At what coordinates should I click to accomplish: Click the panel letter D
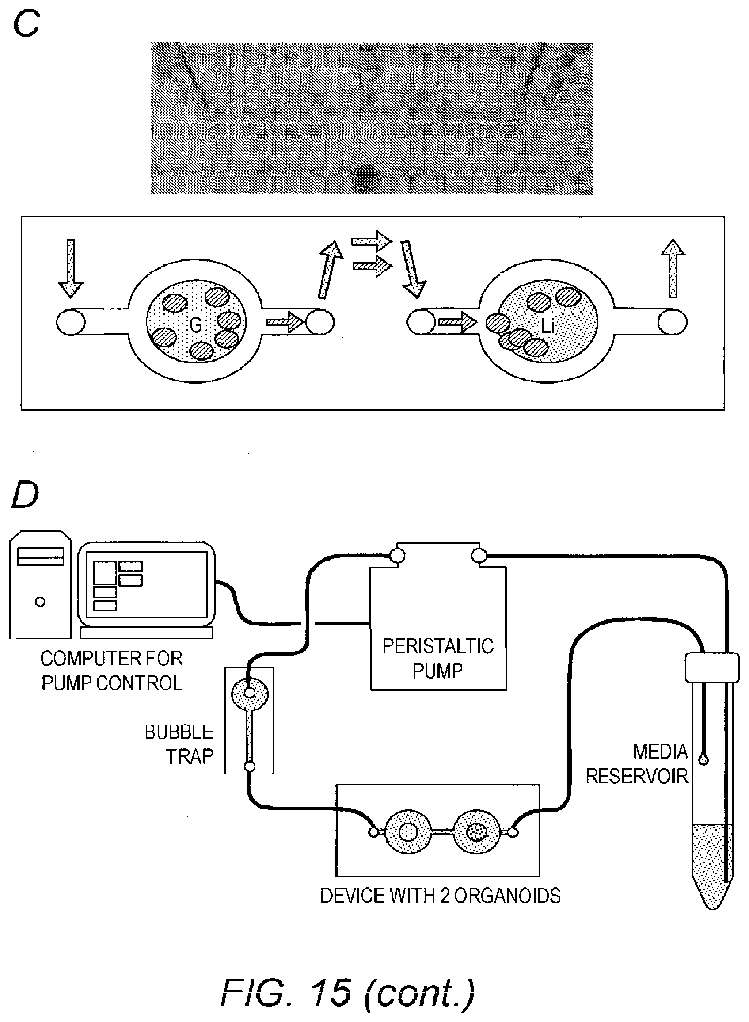tap(25, 496)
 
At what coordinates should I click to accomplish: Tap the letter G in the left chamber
tap(195, 324)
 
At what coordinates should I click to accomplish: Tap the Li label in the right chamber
tap(547, 325)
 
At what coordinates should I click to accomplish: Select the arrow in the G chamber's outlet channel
tap(285, 322)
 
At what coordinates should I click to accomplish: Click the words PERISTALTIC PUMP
tap(437, 658)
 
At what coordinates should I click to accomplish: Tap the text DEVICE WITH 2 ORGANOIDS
tap(440, 896)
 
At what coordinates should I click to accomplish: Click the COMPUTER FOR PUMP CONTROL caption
tap(111, 671)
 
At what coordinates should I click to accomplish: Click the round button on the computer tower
tap(40, 602)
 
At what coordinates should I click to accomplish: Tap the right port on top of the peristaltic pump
tap(479, 555)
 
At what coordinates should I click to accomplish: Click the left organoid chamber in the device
tap(407, 832)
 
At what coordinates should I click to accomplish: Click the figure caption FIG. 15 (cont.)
tap(348, 992)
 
